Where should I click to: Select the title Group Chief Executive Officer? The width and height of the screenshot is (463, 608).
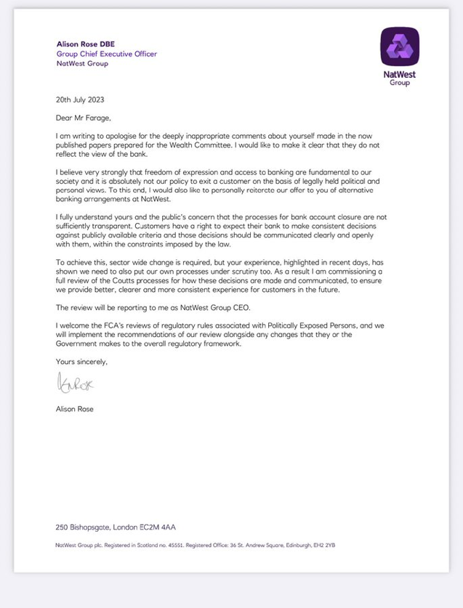click(106, 53)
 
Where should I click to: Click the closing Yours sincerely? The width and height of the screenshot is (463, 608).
click(81, 360)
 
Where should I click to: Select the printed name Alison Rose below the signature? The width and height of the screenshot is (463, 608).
click(75, 408)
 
